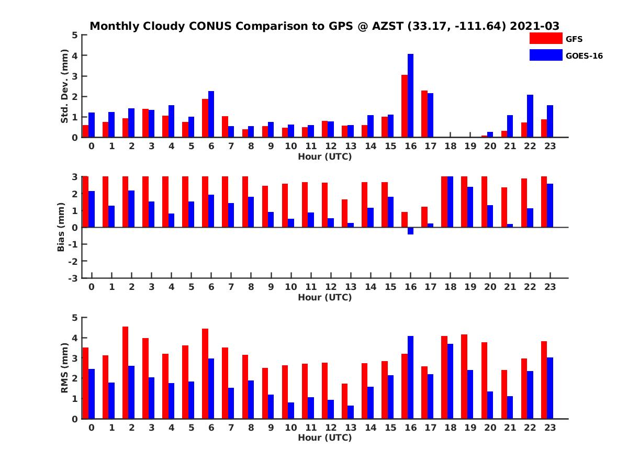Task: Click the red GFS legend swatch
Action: pyautogui.click(x=546, y=38)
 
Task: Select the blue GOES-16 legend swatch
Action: pyautogui.click(x=546, y=55)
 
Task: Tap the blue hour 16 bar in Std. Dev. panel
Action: pyautogui.click(x=410, y=96)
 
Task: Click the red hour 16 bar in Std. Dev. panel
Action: pyautogui.click(x=405, y=106)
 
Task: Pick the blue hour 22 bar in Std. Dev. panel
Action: pyautogui.click(x=530, y=116)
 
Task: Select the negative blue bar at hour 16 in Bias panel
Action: pyautogui.click(x=410, y=231)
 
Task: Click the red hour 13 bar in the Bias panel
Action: pyautogui.click(x=345, y=214)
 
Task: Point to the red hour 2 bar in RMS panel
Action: pyautogui.click(x=126, y=373)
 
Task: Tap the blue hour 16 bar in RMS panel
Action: pyautogui.click(x=410, y=377)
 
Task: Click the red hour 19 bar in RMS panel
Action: pyautogui.click(x=464, y=377)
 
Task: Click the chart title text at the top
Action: pyautogui.click(x=324, y=26)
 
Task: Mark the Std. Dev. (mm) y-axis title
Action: pyautogui.click(x=64, y=86)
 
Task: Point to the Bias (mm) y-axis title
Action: pyautogui.click(x=61, y=227)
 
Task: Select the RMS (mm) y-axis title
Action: pyautogui.click(x=64, y=368)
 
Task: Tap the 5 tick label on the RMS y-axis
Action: pyautogui.click(x=74, y=318)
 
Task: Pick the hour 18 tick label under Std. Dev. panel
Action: pyautogui.click(x=450, y=146)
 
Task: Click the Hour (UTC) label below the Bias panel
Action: pyautogui.click(x=324, y=297)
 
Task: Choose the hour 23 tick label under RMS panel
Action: pyautogui.click(x=549, y=428)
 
